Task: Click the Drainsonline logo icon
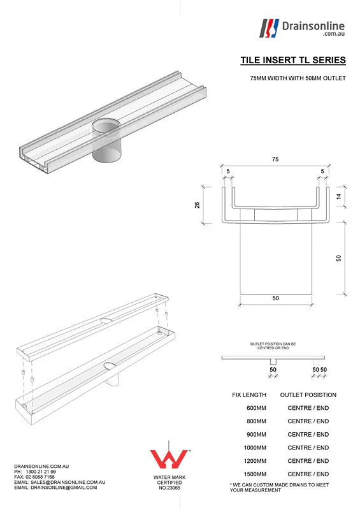coord(270,28)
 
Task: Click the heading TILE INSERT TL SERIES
coord(293,61)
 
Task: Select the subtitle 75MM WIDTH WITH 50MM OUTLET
coord(298,78)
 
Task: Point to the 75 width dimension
coord(275,159)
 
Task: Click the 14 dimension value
coord(339,198)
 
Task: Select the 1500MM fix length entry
coord(256,474)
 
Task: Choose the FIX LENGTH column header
coord(249,395)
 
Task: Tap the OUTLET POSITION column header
coord(308,395)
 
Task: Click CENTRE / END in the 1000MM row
coord(308,448)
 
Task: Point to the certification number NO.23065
coord(168,488)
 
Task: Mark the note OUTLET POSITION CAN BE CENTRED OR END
coord(273,346)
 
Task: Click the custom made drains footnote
coord(279,488)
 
